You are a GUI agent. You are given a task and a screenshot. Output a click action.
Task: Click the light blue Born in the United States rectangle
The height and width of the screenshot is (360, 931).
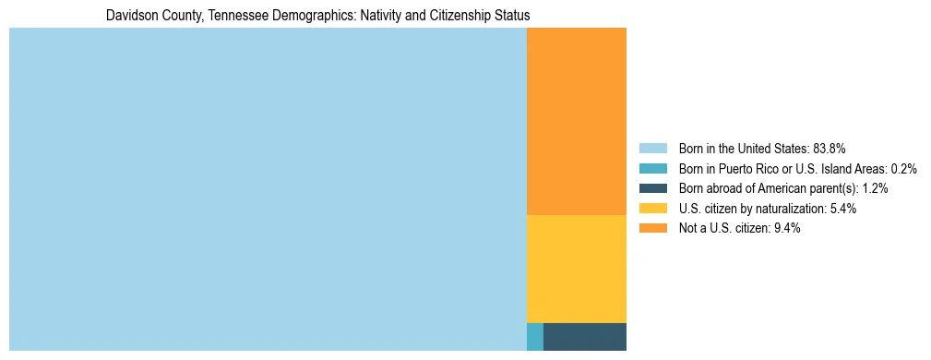268,189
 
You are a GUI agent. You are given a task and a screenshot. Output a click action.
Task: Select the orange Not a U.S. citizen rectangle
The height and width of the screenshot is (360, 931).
576,121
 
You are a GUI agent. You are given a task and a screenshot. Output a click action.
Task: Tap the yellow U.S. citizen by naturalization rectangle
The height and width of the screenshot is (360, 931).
576,269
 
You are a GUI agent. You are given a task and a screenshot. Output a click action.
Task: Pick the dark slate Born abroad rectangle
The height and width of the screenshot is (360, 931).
584,337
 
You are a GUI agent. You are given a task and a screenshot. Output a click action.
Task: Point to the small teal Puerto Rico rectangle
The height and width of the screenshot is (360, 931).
534,337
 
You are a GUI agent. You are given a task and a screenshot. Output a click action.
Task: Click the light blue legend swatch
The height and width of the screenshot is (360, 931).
652,149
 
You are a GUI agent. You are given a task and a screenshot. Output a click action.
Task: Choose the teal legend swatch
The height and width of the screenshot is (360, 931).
652,169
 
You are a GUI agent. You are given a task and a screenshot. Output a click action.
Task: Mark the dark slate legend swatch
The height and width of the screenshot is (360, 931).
652,188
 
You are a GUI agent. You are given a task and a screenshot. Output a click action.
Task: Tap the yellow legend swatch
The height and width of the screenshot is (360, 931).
652,209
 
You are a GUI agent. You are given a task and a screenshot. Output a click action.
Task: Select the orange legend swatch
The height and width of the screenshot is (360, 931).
652,228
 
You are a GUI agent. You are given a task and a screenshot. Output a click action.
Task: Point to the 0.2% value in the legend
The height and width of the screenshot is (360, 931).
904,169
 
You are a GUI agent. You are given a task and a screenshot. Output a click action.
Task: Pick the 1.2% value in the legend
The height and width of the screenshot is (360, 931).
876,188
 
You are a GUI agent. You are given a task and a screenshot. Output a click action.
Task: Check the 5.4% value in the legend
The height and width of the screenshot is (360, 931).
843,209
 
